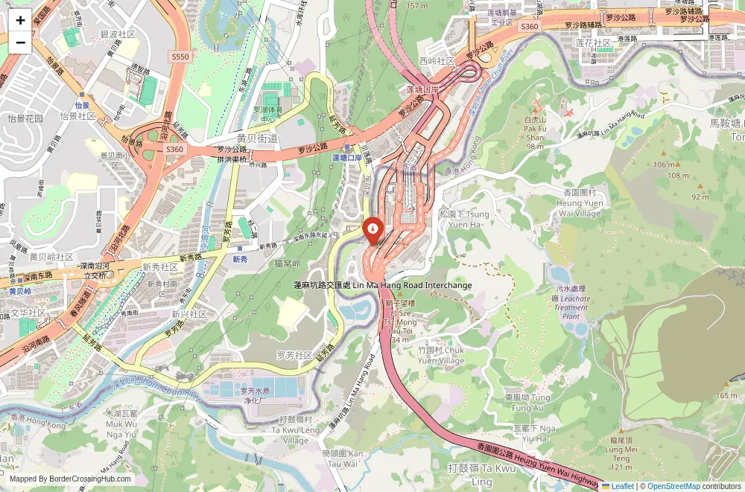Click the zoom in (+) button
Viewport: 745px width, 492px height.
click(20, 20)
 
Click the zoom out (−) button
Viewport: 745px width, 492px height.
click(20, 42)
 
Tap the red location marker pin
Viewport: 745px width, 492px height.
click(371, 230)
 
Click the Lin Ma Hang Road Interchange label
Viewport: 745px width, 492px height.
click(384, 285)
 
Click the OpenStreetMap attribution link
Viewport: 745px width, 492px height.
click(673, 486)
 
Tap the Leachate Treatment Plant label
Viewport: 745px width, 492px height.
click(571, 302)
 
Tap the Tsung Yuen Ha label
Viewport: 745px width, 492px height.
click(465, 218)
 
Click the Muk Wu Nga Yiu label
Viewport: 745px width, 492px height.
click(121, 423)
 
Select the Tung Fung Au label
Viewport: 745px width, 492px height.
click(527, 403)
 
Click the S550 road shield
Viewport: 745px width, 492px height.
click(180, 56)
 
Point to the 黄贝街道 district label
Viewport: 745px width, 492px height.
click(257, 138)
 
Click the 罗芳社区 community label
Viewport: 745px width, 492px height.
click(294, 355)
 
